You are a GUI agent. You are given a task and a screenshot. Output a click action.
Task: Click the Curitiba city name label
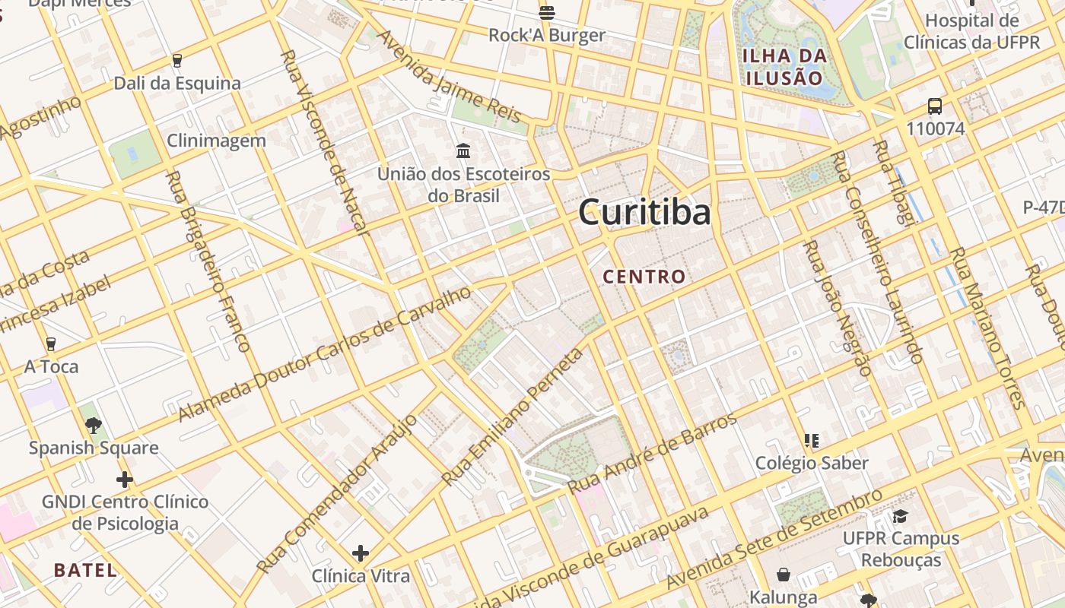(645, 212)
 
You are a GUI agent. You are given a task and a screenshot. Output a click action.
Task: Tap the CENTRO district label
(644, 277)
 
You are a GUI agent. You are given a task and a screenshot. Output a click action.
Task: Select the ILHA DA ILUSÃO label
(785, 66)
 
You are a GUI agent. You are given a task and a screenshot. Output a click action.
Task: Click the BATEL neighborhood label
(86, 570)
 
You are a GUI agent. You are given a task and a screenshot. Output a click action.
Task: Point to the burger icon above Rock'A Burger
(546, 12)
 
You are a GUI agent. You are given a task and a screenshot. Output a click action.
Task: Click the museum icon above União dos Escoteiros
(463, 150)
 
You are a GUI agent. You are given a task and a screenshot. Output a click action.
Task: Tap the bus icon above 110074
(935, 106)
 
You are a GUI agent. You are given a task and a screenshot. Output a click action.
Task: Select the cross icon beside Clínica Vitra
(361, 553)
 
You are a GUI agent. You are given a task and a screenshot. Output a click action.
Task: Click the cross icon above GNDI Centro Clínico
(125, 480)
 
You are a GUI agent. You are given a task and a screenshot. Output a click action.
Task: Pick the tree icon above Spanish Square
(94, 426)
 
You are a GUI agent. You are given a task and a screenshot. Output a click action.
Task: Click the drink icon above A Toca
(51, 344)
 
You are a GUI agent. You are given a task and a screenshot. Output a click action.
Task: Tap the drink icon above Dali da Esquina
(177, 61)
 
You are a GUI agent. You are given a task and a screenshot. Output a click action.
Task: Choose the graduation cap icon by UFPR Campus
(901, 517)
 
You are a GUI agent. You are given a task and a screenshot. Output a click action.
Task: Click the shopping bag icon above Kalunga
(784, 575)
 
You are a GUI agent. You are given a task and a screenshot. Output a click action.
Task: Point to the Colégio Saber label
(812, 463)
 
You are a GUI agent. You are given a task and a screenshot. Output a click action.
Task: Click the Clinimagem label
(216, 141)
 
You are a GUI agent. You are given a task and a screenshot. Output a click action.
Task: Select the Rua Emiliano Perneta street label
(513, 417)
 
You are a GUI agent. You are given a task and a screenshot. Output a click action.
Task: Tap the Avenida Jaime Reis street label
(449, 76)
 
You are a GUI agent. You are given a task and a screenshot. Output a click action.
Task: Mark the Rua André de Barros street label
(653, 454)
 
